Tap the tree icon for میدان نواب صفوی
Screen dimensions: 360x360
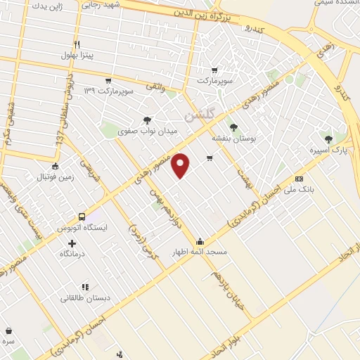146,120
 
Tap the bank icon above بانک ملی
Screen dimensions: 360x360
299,179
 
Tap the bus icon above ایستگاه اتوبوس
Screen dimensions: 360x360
82,217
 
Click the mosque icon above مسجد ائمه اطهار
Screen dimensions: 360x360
200,241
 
